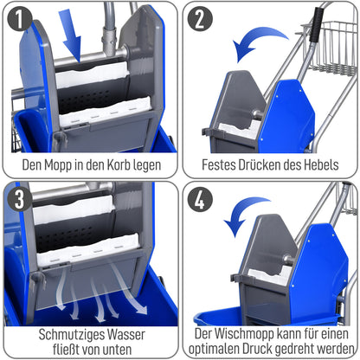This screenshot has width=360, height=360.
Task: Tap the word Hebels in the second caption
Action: (323, 162)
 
